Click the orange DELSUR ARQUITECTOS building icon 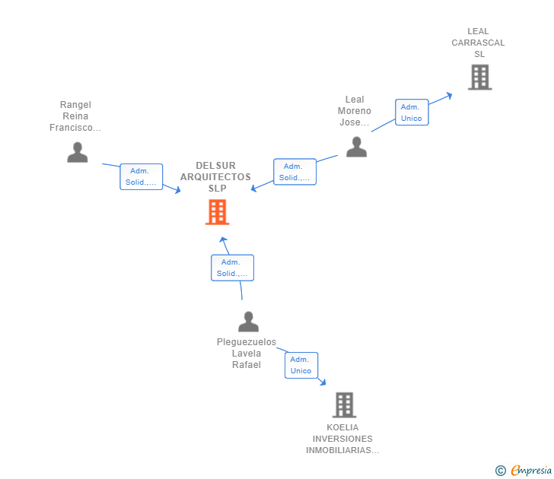(x=217, y=212)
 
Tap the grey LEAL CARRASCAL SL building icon (x=479, y=77)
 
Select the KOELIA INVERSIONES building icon (x=344, y=404)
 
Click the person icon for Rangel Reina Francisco (x=77, y=152)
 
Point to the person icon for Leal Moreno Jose (x=356, y=147)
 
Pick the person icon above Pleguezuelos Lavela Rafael (x=248, y=322)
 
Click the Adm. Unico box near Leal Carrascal (x=412, y=112)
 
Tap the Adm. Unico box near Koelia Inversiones (x=301, y=365)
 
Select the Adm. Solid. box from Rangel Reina (x=142, y=176)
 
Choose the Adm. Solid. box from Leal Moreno (x=295, y=172)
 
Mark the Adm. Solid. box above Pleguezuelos (x=232, y=268)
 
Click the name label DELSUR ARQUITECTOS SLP (x=215, y=176)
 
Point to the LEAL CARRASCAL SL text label (x=478, y=43)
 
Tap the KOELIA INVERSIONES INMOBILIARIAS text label (x=342, y=439)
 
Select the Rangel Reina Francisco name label (x=75, y=116)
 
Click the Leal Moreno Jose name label (x=355, y=111)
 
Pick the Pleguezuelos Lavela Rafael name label (x=247, y=354)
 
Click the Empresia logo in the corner (x=530, y=471)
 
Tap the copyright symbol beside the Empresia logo (x=501, y=471)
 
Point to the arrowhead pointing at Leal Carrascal (x=450, y=95)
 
